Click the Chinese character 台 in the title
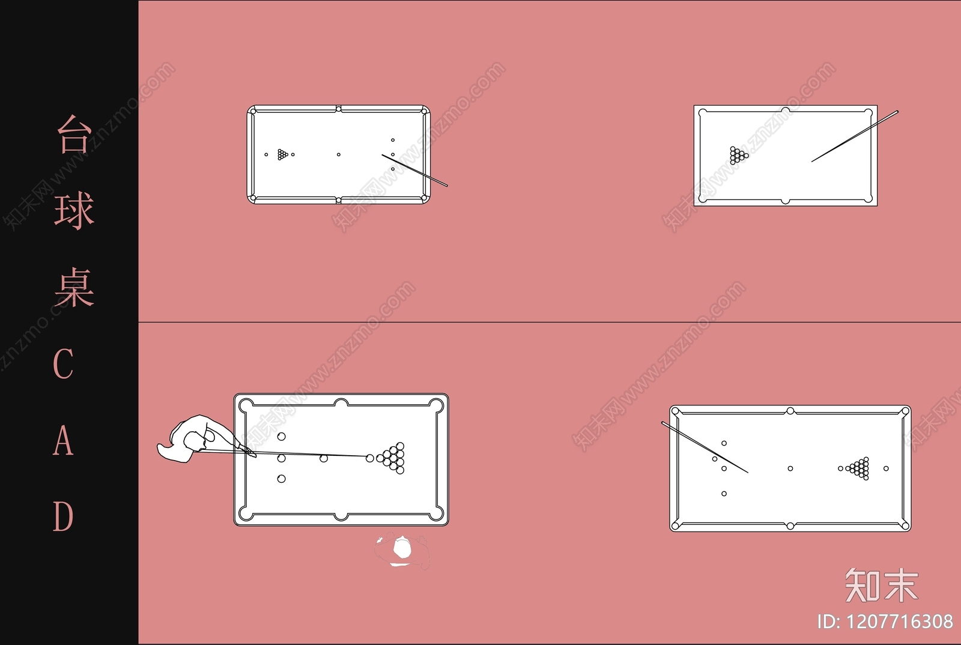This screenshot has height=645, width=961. point(74,135)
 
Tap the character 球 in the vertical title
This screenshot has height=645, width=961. point(74,211)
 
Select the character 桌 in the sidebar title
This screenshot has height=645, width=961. point(74,287)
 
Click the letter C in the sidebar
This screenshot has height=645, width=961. point(63,363)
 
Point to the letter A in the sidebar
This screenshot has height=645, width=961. point(63,440)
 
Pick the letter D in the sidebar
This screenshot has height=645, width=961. point(63,516)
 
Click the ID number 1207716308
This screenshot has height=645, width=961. point(900,622)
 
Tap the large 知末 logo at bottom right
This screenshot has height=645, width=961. point(882,585)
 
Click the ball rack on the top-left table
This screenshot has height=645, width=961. point(283,154)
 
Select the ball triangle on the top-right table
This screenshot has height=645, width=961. point(739,156)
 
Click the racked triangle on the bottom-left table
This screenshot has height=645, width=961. point(391,458)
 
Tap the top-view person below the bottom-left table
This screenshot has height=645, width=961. point(402,551)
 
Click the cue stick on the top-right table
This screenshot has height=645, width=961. point(855,136)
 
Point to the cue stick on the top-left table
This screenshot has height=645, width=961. point(414,170)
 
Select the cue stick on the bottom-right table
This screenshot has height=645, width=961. point(705,447)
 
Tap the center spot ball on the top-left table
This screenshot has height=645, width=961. point(339,154)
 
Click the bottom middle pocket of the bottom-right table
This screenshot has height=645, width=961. point(790,525)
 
